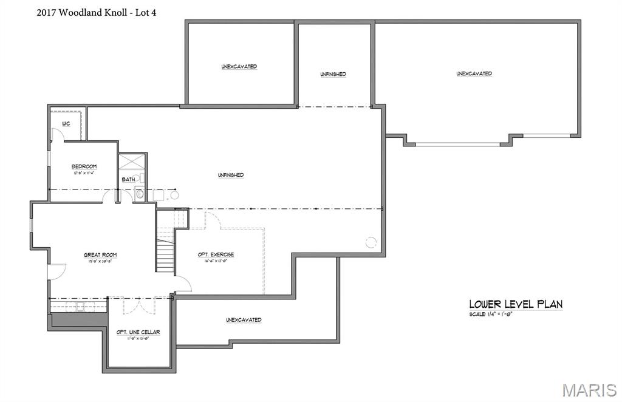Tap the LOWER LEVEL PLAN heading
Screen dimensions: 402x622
pyautogui.click(x=515, y=304)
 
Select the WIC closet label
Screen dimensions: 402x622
pyautogui.click(x=66, y=124)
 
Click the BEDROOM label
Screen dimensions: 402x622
pyautogui.click(x=84, y=166)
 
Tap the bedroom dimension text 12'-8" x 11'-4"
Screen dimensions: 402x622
pyautogui.click(x=84, y=173)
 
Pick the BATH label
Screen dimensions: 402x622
pyautogui.click(x=128, y=179)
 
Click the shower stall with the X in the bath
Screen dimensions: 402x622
pyautogui.click(x=132, y=162)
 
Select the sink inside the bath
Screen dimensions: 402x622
pyautogui.click(x=139, y=194)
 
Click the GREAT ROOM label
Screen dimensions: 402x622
pyautogui.click(x=100, y=254)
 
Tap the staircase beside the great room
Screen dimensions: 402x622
pyautogui.click(x=165, y=255)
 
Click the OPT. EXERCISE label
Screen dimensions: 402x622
pyautogui.click(x=216, y=254)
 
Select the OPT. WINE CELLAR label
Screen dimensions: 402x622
pyautogui.click(x=138, y=332)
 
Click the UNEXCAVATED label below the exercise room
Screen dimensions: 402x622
pyautogui.click(x=244, y=319)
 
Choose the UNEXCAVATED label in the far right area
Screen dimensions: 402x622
pyautogui.click(x=474, y=73)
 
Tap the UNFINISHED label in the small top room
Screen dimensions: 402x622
pyautogui.click(x=333, y=74)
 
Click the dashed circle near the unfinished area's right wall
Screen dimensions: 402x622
pyautogui.click(x=371, y=242)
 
